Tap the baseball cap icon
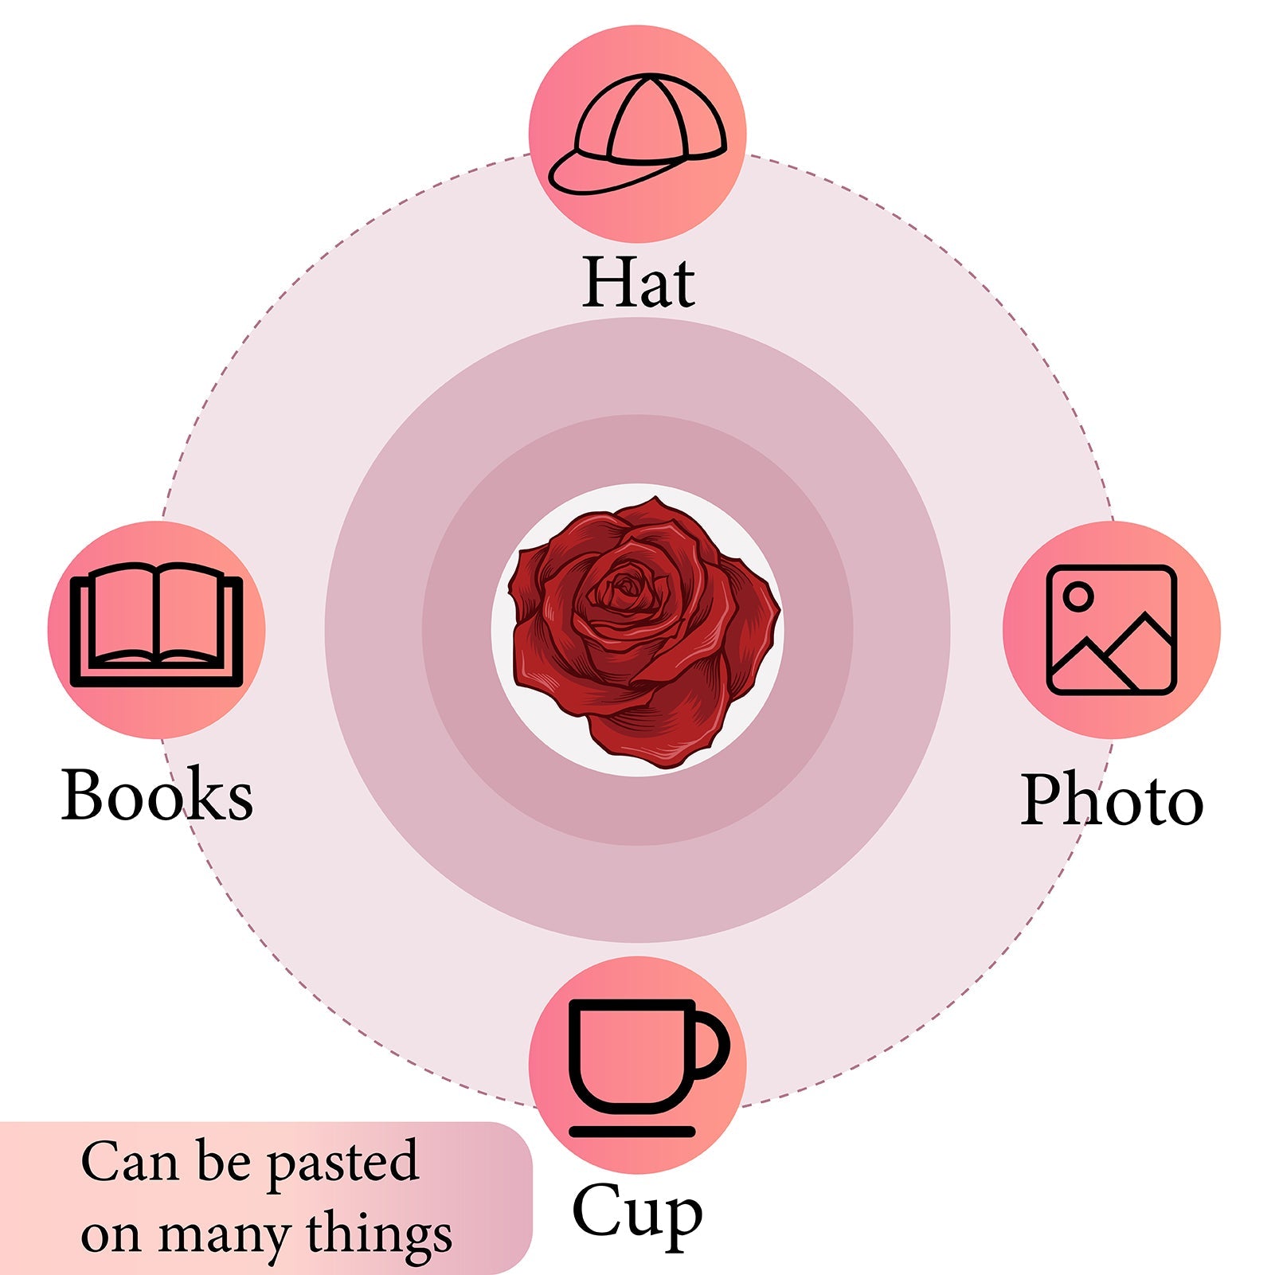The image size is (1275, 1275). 638,134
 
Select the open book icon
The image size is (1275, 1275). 156,625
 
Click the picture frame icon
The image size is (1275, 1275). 1111,630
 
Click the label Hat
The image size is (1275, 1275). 638,283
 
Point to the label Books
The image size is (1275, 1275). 157,795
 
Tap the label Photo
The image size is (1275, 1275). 1112,800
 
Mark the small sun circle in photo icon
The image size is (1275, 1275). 1077,596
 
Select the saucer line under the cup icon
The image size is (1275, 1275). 632,1131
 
